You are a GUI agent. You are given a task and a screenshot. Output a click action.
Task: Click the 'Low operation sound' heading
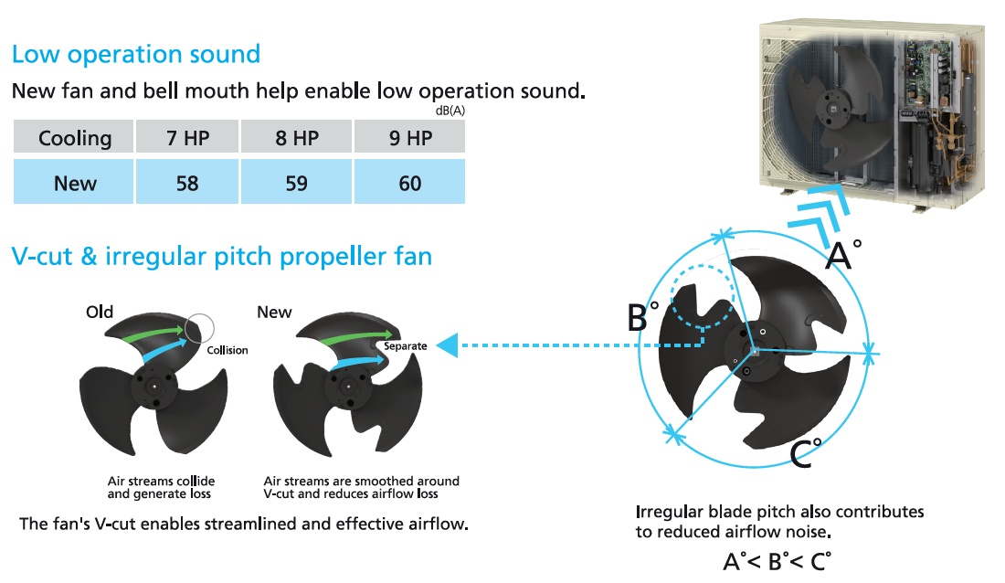click(x=136, y=55)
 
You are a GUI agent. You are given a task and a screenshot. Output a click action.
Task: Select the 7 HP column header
click(x=187, y=136)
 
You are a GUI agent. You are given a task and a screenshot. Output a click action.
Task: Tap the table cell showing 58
click(x=187, y=182)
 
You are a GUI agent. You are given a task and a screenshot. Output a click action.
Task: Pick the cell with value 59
click(x=296, y=182)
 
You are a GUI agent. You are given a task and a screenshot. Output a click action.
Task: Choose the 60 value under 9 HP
click(x=409, y=182)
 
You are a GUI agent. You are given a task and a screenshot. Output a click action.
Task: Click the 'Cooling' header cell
click(x=74, y=136)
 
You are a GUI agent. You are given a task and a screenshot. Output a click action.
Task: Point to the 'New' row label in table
click(x=74, y=182)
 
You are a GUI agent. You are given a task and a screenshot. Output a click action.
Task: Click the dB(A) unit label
click(x=450, y=111)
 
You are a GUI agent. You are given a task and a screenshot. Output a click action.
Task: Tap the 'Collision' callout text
click(x=227, y=350)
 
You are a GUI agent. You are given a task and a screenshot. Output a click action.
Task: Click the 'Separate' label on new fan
click(x=405, y=346)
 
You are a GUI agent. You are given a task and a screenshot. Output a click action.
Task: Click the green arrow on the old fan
click(x=154, y=334)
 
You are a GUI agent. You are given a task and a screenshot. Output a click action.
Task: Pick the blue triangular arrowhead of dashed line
click(x=448, y=345)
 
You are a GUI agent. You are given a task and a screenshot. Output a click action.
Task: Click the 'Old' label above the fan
click(x=100, y=312)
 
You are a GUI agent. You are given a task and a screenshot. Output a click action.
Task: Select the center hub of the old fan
click(x=154, y=386)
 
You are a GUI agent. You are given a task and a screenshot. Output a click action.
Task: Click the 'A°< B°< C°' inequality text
click(x=777, y=562)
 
